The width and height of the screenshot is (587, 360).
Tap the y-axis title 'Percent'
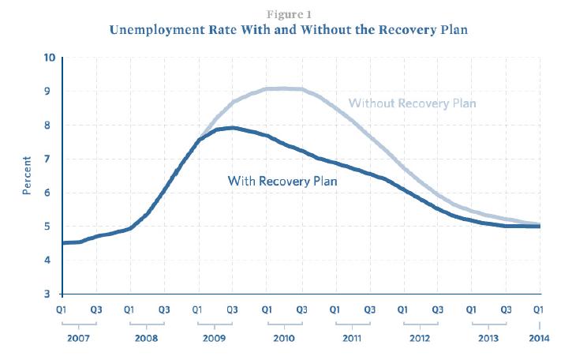27,175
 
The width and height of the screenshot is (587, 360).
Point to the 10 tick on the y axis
50,58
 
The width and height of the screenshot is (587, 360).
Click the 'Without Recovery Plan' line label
413,103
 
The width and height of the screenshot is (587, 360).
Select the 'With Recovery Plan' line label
282,181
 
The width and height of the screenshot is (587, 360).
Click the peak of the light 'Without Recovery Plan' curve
284,88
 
